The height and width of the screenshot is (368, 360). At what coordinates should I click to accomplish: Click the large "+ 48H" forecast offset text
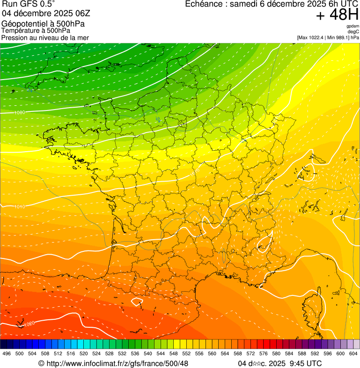point(337,15)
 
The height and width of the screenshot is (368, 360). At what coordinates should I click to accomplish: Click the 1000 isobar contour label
point(20,113)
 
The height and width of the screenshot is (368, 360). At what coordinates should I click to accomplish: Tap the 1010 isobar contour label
point(20,206)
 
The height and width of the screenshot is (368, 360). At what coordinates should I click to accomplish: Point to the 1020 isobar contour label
point(29,324)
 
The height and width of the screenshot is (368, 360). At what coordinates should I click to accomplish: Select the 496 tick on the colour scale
point(7,353)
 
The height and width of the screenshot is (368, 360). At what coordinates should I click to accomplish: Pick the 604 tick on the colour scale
point(353,353)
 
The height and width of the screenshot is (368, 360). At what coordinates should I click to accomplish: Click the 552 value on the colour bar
point(186,353)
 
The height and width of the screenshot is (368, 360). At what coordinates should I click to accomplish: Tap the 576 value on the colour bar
point(263,353)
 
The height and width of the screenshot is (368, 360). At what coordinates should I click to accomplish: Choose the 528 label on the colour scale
point(109,353)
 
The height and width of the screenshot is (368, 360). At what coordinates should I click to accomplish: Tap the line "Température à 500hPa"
point(36,30)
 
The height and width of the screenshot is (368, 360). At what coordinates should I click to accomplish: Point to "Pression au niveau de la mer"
point(45,37)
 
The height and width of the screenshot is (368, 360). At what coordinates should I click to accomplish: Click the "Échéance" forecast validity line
point(272,4)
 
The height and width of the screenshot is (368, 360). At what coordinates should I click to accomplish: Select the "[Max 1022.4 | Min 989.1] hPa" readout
point(328,37)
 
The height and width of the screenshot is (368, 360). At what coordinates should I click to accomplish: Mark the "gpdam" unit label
point(353,26)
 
